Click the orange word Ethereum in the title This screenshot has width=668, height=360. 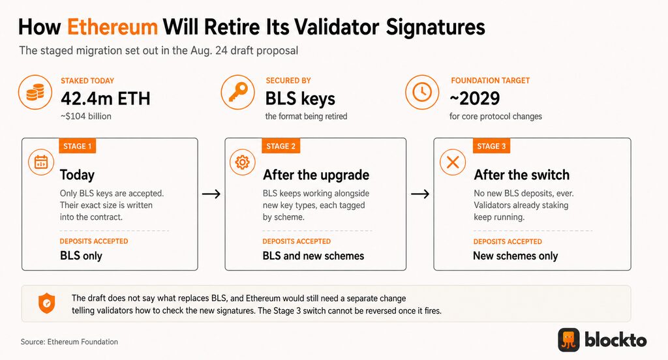click(x=112, y=27)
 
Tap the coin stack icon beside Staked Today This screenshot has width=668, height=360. click(x=35, y=92)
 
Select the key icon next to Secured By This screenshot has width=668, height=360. click(x=237, y=92)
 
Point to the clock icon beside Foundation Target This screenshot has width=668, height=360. click(x=422, y=92)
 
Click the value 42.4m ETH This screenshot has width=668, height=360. click(x=106, y=98)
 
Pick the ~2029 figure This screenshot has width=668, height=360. click(x=475, y=98)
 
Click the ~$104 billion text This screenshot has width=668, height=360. click(x=85, y=116)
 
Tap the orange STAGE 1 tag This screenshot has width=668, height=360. click(x=78, y=146)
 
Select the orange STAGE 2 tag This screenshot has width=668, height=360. click(x=281, y=146)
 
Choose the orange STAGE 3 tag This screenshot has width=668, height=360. click(x=491, y=146)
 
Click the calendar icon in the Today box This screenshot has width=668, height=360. click(x=41, y=162)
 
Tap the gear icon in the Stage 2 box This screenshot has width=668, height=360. click(x=243, y=162)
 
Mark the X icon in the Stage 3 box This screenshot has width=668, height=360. click(x=453, y=162)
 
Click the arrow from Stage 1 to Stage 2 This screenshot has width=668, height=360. click(x=211, y=194)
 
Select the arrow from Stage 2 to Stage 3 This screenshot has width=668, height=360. click(x=420, y=194)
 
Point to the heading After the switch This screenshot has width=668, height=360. click(x=521, y=175)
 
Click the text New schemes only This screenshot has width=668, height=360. click(x=515, y=256)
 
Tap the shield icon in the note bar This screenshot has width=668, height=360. click(x=46, y=303)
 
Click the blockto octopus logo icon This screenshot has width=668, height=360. click(x=569, y=340)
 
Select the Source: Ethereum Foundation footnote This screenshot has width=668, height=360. click(x=69, y=342)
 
